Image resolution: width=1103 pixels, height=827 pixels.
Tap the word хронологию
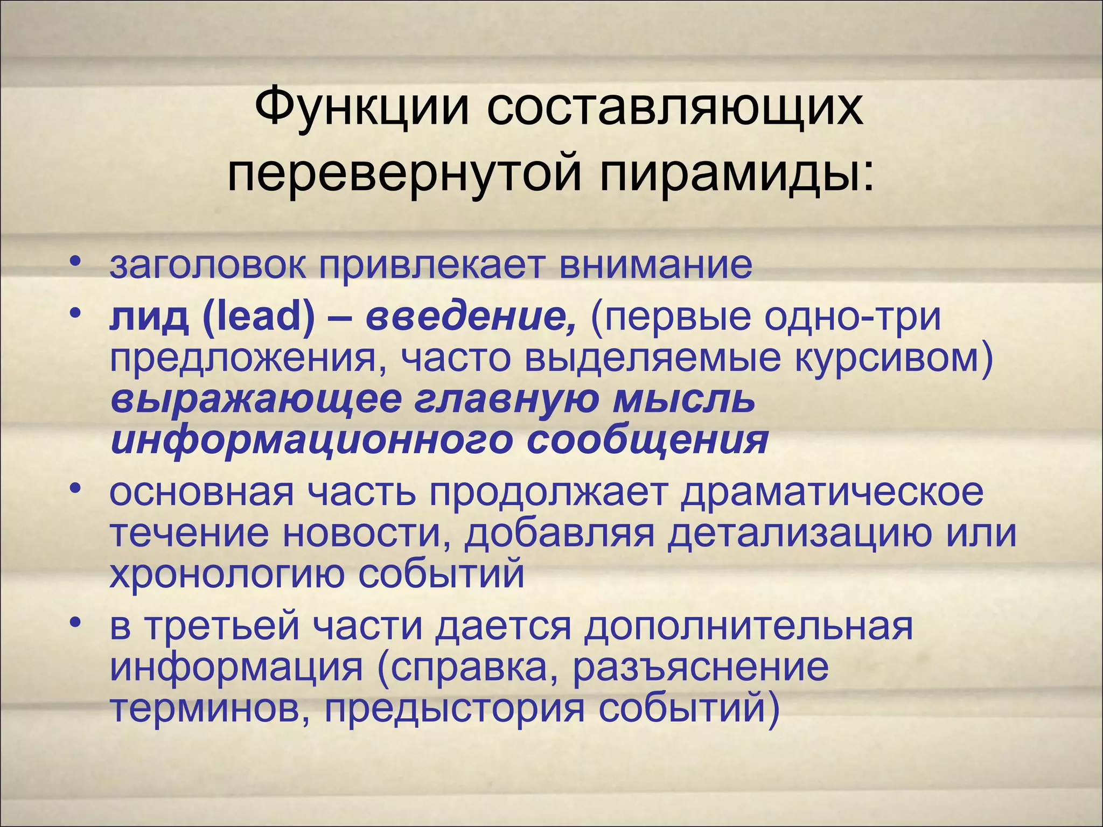pyautogui.click(x=227, y=574)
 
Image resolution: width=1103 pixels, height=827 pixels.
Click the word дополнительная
pyautogui.click(x=749, y=627)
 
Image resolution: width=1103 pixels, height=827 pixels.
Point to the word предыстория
pyautogui.click(x=455, y=709)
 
